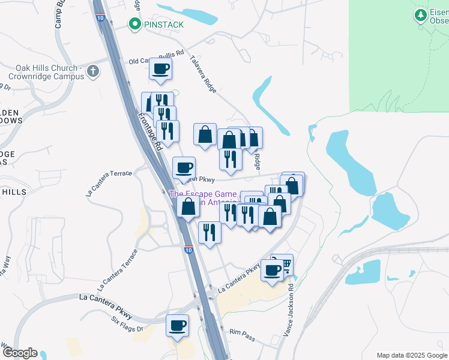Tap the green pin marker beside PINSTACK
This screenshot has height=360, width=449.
[x=134, y=25]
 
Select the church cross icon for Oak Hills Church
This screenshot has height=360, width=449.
[x=92, y=72]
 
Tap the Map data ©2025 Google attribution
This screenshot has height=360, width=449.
[x=411, y=355]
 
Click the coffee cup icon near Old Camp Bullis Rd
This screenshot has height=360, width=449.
[x=160, y=69]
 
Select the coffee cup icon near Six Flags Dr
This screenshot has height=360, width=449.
[x=177, y=326]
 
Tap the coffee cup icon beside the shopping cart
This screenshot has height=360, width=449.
[x=273, y=270]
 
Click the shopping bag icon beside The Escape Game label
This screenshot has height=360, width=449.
[x=188, y=207]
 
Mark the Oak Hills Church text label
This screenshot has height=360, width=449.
[x=46, y=72]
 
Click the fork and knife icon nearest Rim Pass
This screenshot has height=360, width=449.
[x=209, y=232]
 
